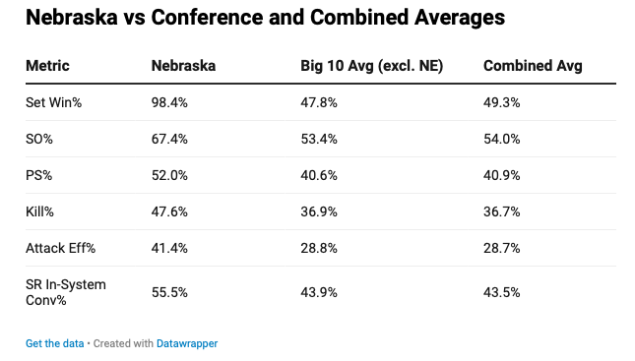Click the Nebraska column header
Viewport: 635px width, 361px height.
(183, 66)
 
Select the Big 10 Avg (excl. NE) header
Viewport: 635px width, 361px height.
(372, 66)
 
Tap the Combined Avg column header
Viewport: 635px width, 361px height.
(533, 66)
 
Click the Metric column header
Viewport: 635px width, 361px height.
(47, 66)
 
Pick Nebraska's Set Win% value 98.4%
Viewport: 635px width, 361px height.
(169, 102)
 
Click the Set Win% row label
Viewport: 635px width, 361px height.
(53, 102)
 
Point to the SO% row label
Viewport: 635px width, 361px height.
(39, 139)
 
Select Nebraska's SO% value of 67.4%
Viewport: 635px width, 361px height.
(169, 139)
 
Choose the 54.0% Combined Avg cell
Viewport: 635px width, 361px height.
(502, 139)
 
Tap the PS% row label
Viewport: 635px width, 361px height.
(38, 175)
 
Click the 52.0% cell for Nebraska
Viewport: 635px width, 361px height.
(169, 175)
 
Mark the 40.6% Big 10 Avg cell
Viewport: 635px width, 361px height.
(319, 175)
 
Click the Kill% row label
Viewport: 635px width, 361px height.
(39, 211)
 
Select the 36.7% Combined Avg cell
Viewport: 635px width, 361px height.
(502, 211)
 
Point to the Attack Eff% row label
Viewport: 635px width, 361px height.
(61, 248)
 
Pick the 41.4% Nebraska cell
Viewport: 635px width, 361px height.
(169, 248)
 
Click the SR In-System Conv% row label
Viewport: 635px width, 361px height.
(66, 292)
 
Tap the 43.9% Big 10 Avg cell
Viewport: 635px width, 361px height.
(319, 292)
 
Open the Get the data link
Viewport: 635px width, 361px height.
(55, 343)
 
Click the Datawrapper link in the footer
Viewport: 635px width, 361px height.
(187, 343)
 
